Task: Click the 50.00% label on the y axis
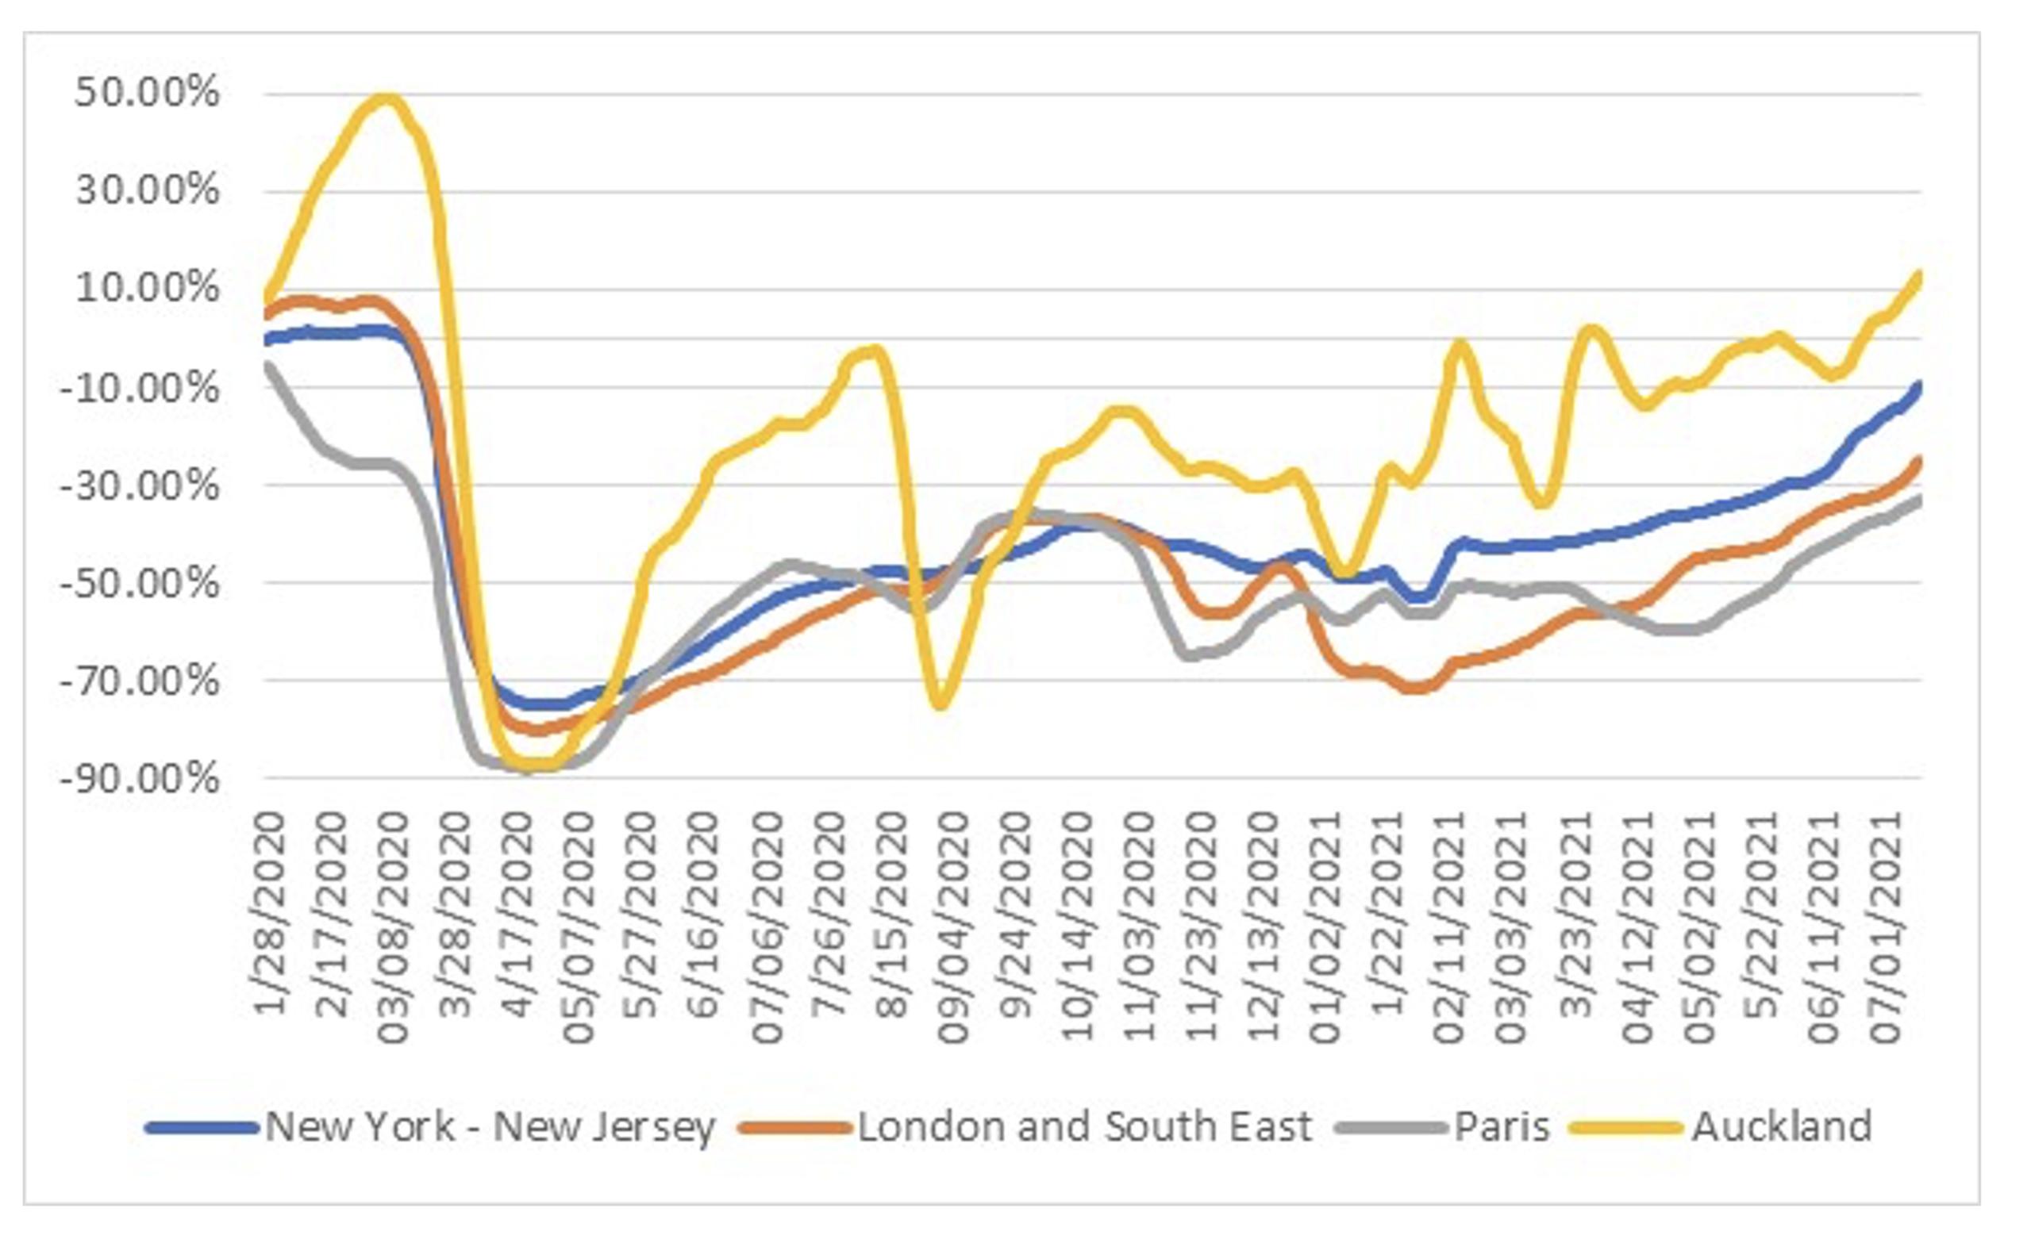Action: tap(148, 92)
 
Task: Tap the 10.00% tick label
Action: tap(148, 288)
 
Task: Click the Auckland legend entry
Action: tap(1781, 1127)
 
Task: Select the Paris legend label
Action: tap(1502, 1127)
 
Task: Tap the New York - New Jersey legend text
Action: tap(490, 1127)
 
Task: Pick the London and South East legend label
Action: tap(1085, 1127)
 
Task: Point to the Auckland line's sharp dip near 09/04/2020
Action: tap(940, 705)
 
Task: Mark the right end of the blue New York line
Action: tap(1919, 386)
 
